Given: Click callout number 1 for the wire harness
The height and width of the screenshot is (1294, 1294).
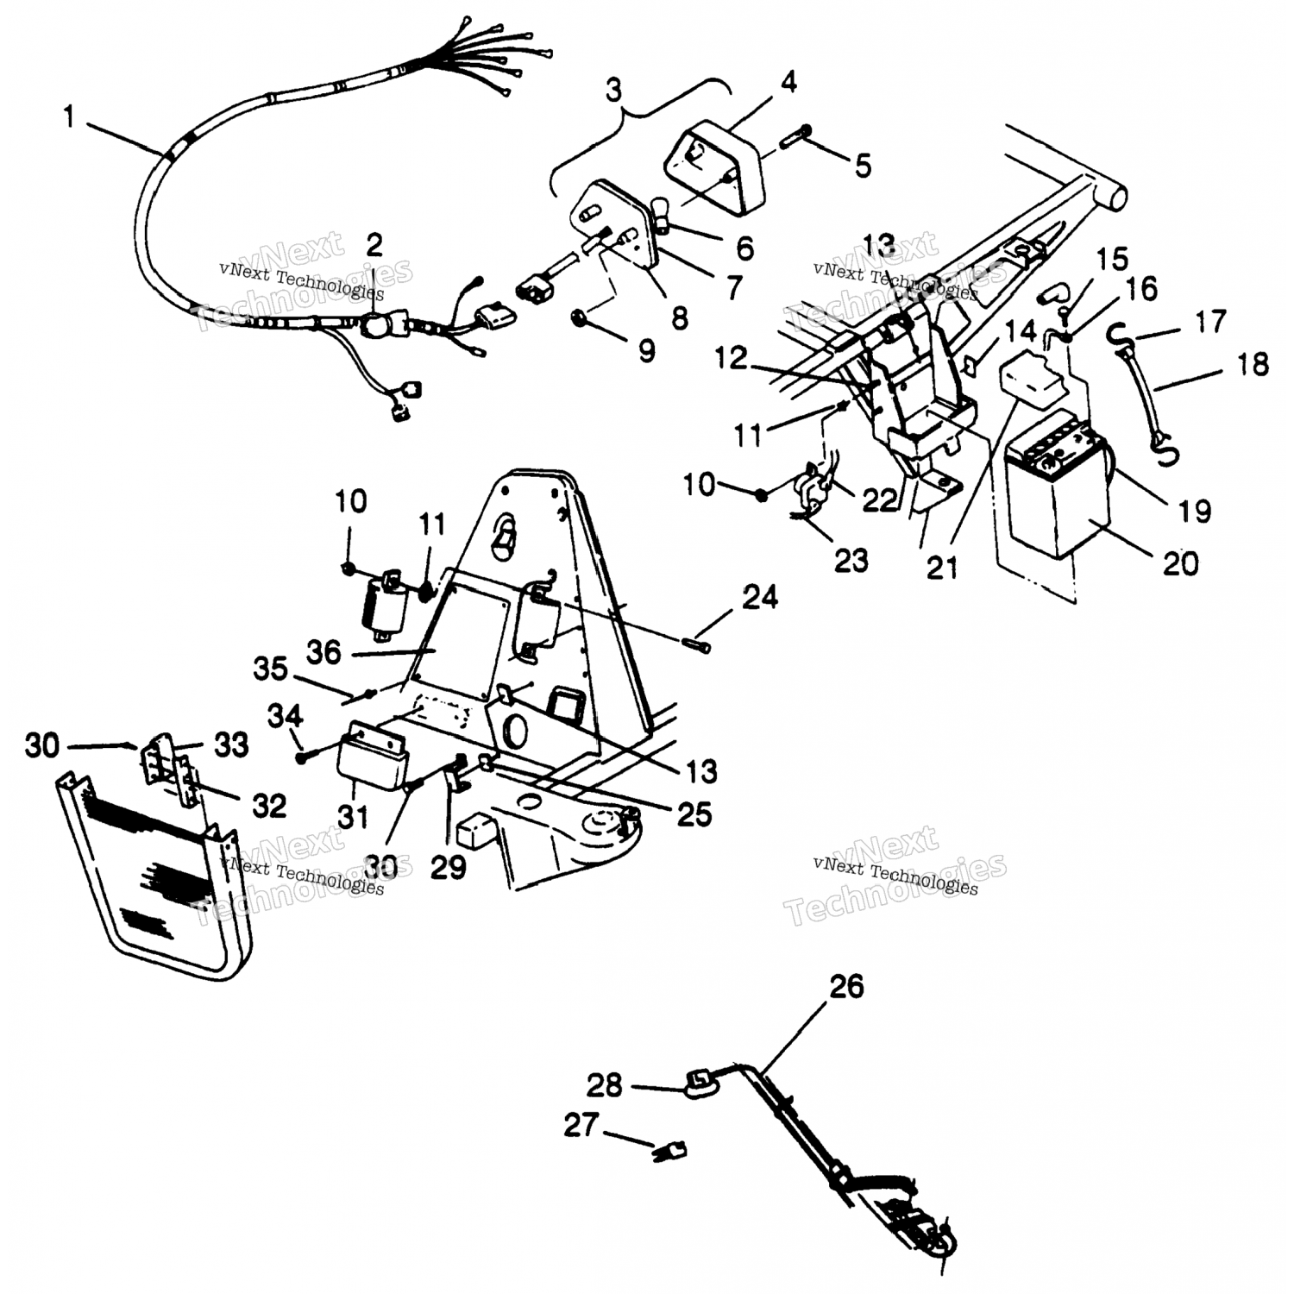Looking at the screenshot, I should (70, 117).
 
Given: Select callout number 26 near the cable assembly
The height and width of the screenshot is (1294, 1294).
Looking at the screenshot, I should (846, 986).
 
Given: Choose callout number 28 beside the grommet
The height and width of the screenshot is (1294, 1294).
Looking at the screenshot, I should (604, 1084).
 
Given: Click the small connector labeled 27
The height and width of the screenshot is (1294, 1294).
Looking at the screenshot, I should (672, 1149).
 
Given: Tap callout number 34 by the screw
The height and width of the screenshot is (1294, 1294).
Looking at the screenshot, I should (285, 715).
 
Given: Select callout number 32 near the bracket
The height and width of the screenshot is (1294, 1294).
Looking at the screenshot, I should (268, 805).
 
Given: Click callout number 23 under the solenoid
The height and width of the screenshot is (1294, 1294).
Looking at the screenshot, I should (851, 561).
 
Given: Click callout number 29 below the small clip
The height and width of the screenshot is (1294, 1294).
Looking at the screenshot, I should (449, 867).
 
